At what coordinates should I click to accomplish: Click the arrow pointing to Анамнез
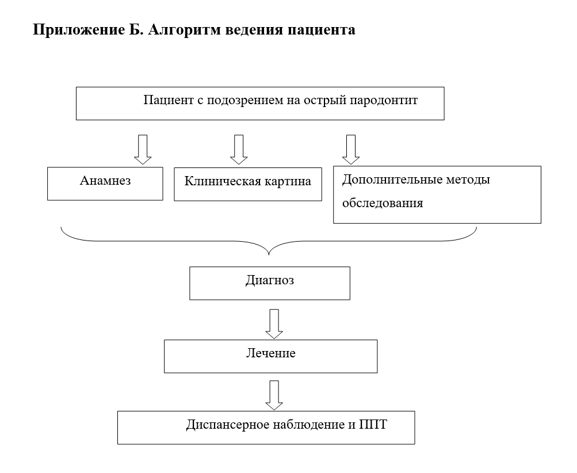pyautogui.click(x=141, y=149)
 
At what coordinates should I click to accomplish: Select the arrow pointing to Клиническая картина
pyautogui.click(x=239, y=149)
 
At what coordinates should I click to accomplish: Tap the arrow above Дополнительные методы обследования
pyautogui.click(x=350, y=149)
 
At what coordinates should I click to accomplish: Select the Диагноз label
pyautogui.click(x=269, y=281)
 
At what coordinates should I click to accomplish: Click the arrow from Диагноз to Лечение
pyautogui.click(x=274, y=324)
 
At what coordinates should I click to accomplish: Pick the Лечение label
pyautogui.click(x=270, y=353)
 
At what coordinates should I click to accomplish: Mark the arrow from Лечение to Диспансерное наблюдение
pyautogui.click(x=274, y=395)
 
